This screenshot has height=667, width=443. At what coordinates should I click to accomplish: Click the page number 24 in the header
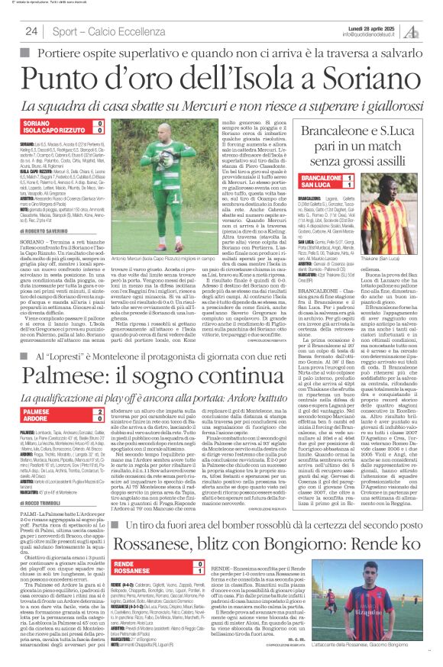click(x=32, y=31)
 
